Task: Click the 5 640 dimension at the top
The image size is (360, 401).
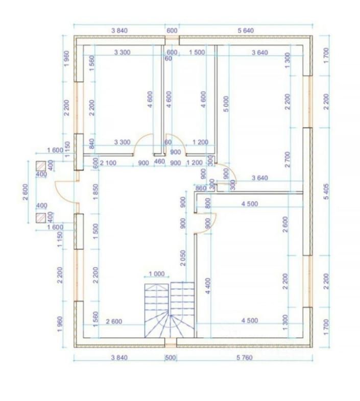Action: pos(246,31)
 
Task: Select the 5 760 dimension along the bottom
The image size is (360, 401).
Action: pos(245,357)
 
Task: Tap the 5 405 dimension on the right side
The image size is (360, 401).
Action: pos(327,191)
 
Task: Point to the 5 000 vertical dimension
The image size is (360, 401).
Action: pos(226,104)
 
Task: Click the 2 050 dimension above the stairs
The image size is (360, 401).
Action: pos(183,258)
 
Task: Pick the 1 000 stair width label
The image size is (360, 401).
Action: pos(156,274)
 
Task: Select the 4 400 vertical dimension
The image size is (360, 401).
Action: pos(208,286)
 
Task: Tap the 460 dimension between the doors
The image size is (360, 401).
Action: pos(160,162)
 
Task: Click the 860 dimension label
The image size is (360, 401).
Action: pos(201,188)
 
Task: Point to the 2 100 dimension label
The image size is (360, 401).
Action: pos(108,163)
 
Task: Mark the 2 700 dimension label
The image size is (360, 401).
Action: pos(287,159)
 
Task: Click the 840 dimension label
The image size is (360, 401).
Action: pos(92,143)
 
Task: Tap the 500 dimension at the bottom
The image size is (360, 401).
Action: pos(171,357)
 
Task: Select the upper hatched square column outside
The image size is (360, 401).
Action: pos(41,166)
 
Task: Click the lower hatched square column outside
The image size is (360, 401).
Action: pos(41,218)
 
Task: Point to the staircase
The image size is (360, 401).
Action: pos(170,310)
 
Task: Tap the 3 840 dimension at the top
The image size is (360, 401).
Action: pos(119,31)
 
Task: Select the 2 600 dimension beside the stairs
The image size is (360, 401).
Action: pos(114,321)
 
